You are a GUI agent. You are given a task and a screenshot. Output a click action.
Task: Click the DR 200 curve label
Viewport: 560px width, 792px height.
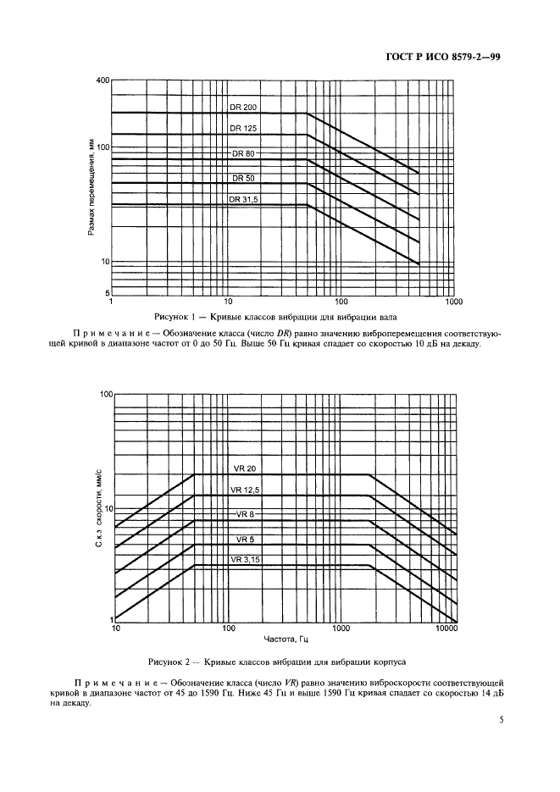point(243,108)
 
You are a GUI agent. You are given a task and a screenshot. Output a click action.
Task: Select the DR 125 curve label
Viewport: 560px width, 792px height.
point(243,129)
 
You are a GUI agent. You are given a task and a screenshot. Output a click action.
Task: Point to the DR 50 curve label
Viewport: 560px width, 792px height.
point(243,179)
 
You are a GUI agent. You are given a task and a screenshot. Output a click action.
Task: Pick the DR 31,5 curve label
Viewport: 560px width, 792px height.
point(243,200)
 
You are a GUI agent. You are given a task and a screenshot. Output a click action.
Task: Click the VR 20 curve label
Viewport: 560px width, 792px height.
point(245,468)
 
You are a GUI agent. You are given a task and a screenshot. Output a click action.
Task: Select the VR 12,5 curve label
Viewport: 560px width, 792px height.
point(246,490)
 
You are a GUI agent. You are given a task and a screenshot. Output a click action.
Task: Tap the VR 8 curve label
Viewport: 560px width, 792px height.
point(245,514)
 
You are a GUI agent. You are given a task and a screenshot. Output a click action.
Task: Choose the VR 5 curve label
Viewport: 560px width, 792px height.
point(245,539)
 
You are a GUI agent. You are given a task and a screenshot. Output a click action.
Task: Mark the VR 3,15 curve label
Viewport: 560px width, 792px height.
point(246,560)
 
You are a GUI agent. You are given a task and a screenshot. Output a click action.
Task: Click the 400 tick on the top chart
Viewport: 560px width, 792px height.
point(103,80)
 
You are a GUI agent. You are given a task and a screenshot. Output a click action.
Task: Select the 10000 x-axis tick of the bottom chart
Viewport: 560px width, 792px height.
point(446,629)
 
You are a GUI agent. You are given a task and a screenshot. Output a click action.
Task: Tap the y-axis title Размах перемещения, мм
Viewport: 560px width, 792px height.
point(91,188)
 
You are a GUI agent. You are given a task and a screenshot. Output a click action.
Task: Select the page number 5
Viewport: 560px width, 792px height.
point(502,721)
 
